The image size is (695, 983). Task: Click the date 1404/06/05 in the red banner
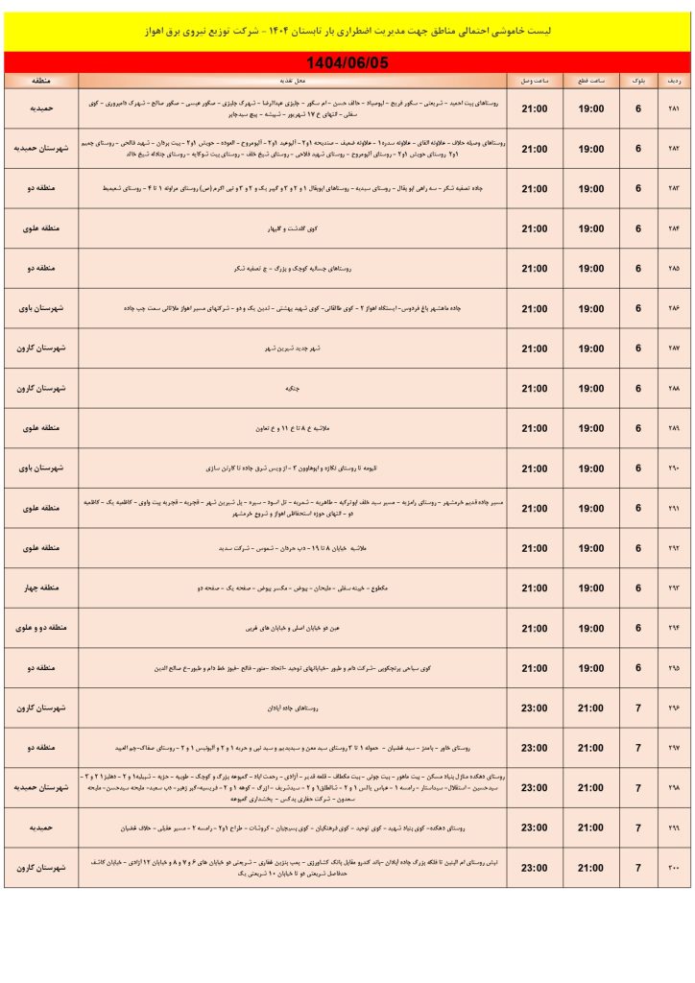point(347,62)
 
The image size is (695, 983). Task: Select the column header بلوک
point(637,81)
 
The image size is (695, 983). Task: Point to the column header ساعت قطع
point(591,81)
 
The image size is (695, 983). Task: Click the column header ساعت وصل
point(534,81)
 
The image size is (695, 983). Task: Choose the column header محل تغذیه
point(294,81)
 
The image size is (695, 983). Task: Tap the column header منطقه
point(41,81)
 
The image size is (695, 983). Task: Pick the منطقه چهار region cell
point(41,587)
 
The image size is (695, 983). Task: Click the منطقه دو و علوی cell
point(41,628)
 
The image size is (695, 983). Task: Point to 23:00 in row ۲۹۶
point(534,707)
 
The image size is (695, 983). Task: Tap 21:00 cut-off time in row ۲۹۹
point(591,827)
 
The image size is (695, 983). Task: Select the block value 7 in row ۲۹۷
point(637,747)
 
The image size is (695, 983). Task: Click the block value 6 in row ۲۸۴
point(637,228)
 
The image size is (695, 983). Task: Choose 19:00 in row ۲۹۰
point(591,468)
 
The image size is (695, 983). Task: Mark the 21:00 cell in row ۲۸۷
point(534,348)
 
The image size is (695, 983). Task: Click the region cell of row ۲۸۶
point(41,308)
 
